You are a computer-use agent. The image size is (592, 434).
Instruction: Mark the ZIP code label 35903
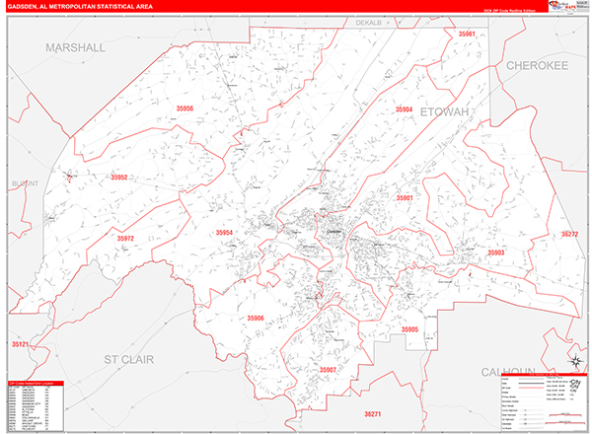pyautogui.click(x=495, y=253)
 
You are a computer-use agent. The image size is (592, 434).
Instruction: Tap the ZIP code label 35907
pyautogui.click(x=328, y=369)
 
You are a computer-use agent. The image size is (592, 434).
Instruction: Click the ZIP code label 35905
pyautogui.click(x=409, y=328)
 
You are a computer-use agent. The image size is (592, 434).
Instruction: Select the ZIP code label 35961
pyautogui.click(x=467, y=35)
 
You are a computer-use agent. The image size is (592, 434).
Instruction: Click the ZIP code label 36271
pyautogui.click(x=372, y=414)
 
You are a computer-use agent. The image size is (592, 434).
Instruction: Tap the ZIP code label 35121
pyautogui.click(x=21, y=343)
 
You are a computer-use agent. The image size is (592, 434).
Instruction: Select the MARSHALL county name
pyautogui.click(x=74, y=47)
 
